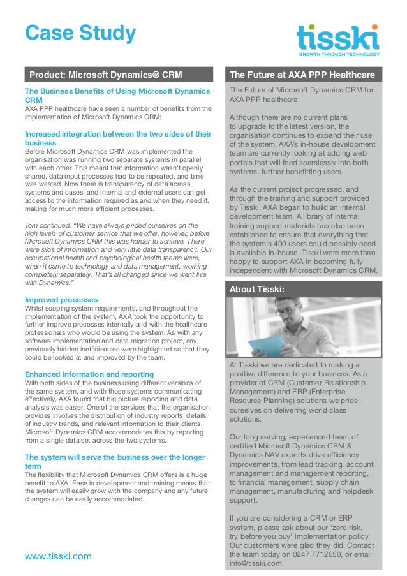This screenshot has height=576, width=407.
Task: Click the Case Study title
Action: (x=80, y=33)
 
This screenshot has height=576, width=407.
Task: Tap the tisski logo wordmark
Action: (x=337, y=37)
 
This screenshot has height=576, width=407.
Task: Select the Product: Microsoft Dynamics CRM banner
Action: (x=106, y=75)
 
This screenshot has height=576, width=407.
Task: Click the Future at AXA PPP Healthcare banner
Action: (x=302, y=75)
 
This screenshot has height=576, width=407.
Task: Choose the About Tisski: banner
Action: (x=257, y=289)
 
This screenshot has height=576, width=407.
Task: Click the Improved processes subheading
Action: (x=61, y=299)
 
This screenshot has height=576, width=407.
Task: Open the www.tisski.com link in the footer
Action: (x=58, y=556)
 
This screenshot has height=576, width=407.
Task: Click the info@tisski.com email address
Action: (x=255, y=563)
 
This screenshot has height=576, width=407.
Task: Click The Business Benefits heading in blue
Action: (x=117, y=96)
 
